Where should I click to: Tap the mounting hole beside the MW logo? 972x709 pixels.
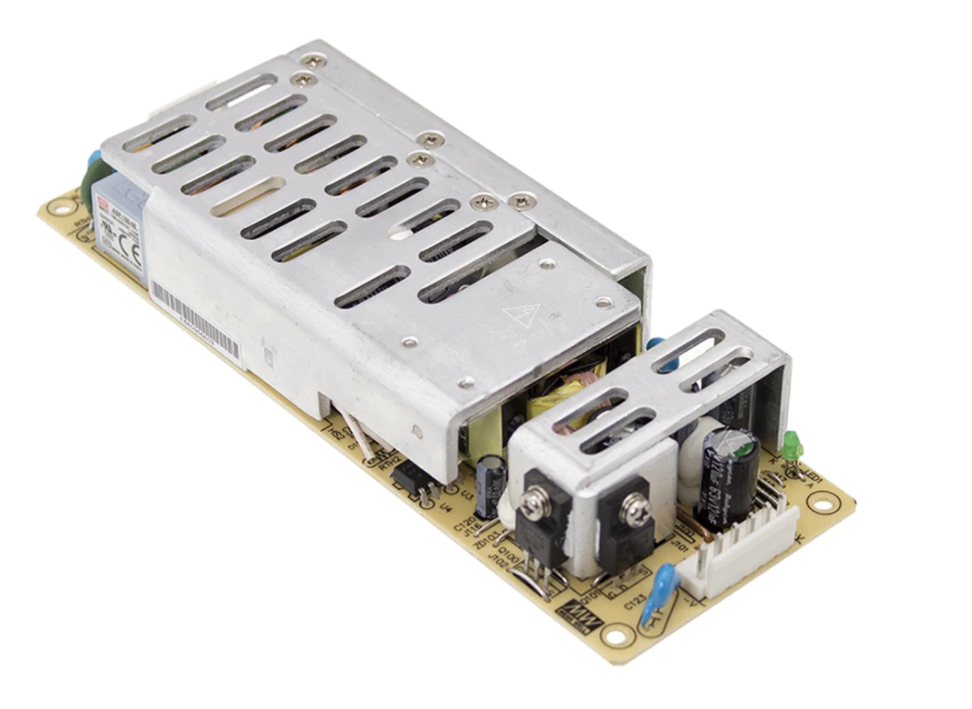point(617,638)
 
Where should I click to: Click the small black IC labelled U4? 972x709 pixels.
point(411,482)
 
